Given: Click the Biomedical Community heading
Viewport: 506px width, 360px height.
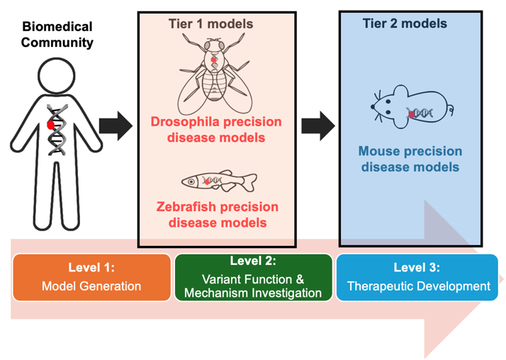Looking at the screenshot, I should click(x=57, y=34).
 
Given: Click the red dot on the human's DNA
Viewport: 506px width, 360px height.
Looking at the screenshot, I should click(x=50, y=125).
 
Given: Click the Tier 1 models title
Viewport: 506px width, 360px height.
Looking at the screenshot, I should click(x=210, y=24).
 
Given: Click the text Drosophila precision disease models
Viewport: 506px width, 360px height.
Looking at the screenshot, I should click(x=215, y=128).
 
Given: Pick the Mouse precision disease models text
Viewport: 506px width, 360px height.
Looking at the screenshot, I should click(x=410, y=159).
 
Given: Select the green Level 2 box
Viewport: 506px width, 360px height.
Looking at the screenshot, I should click(x=252, y=277).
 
